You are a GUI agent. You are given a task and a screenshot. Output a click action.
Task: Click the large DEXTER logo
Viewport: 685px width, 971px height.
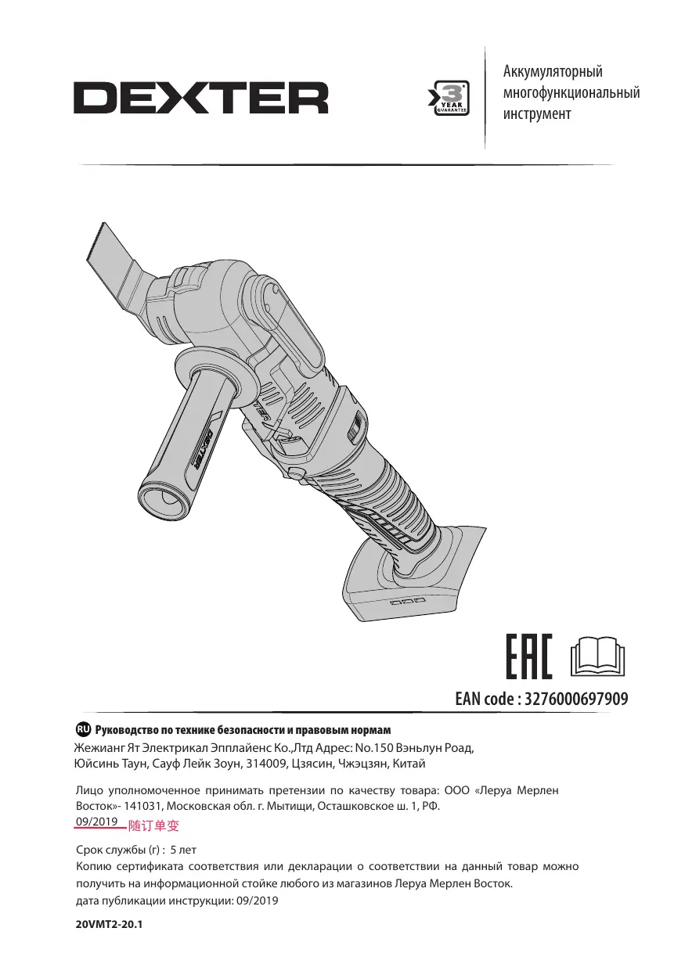click(200, 98)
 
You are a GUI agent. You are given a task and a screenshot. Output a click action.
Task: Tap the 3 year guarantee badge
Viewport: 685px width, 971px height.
click(449, 98)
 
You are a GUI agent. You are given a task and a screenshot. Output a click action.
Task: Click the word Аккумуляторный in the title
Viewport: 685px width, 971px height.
click(553, 71)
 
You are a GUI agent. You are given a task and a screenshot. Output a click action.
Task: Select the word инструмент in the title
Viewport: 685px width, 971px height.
click(537, 114)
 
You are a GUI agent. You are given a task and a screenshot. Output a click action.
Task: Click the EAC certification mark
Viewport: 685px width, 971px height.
click(529, 656)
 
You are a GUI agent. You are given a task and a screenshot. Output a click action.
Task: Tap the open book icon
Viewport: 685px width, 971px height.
click(598, 656)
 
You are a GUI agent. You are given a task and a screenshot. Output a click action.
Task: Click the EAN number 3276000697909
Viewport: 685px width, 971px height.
click(576, 699)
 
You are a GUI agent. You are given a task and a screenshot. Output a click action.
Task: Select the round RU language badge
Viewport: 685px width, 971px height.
click(82, 729)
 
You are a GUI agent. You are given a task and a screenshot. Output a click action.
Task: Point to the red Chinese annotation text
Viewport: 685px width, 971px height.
click(153, 825)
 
